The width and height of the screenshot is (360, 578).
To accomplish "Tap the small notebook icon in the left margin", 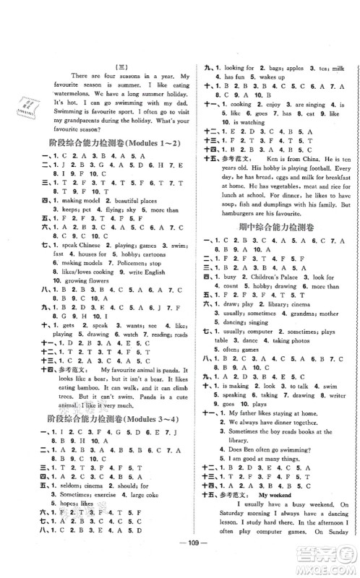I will point(27,109).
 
